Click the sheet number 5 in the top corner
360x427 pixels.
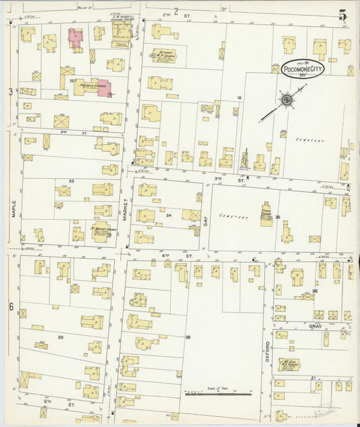pyautogui.click(x=343, y=14)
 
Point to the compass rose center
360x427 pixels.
pyautogui.click(x=286, y=101)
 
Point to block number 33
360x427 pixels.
pyautogui.click(x=71, y=181)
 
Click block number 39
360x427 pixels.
pyautogui.click(x=60, y=336)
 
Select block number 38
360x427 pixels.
pyautogui.click(x=188, y=336)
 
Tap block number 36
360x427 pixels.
pyautogui.click(x=333, y=291)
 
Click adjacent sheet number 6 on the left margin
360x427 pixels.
pyautogui.click(x=11, y=307)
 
